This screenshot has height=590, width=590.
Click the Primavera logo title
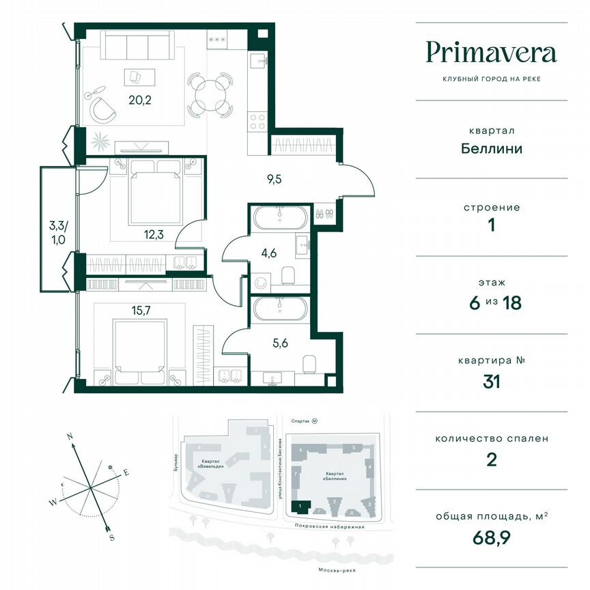click(x=491, y=53)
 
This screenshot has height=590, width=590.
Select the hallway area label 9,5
click(x=275, y=180)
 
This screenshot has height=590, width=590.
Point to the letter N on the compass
click(x=70, y=435)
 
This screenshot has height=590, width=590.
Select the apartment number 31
click(x=491, y=381)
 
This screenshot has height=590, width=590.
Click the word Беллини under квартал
click(x=491, y=147)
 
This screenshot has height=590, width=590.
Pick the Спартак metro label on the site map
click(x=300, y=422)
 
